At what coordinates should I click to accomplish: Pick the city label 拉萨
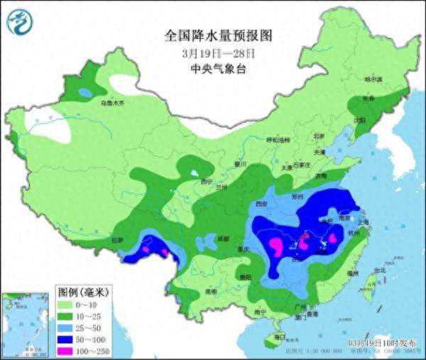pos(116,240)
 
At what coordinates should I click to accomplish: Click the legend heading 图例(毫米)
pos(83,291)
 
